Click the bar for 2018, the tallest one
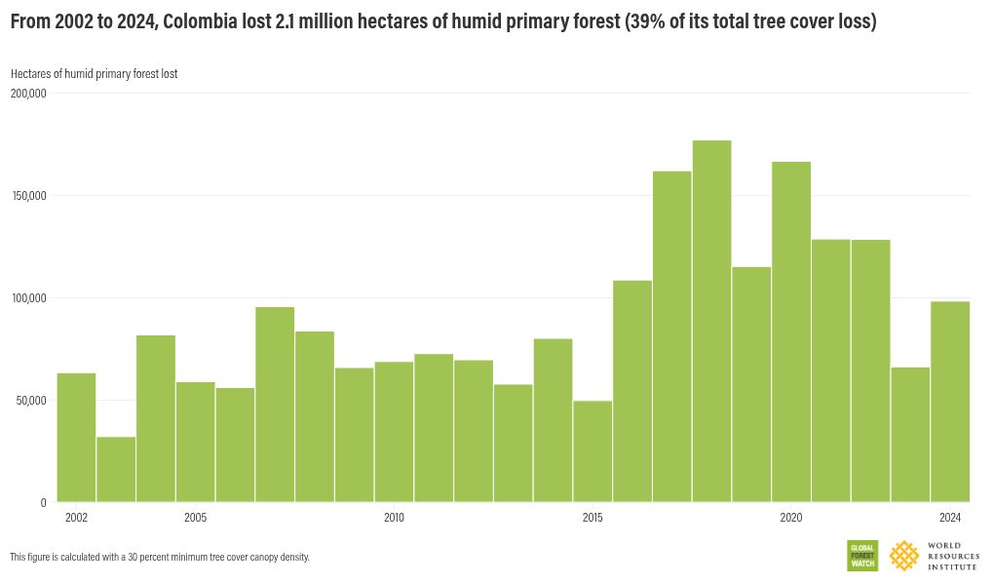712,322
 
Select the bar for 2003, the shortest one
116,469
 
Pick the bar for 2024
950,402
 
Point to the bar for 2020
791,331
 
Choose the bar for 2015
593,451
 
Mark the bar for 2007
275,405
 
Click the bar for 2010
394,432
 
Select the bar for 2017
672,336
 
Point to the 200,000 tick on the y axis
28,94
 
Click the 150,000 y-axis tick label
28,196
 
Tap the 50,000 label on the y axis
30,401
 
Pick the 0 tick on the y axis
43,503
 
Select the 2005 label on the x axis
195,518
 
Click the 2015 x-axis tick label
593,518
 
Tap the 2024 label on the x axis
950,518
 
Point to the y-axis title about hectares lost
94,74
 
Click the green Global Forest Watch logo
862,556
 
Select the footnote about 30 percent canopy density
160,558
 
